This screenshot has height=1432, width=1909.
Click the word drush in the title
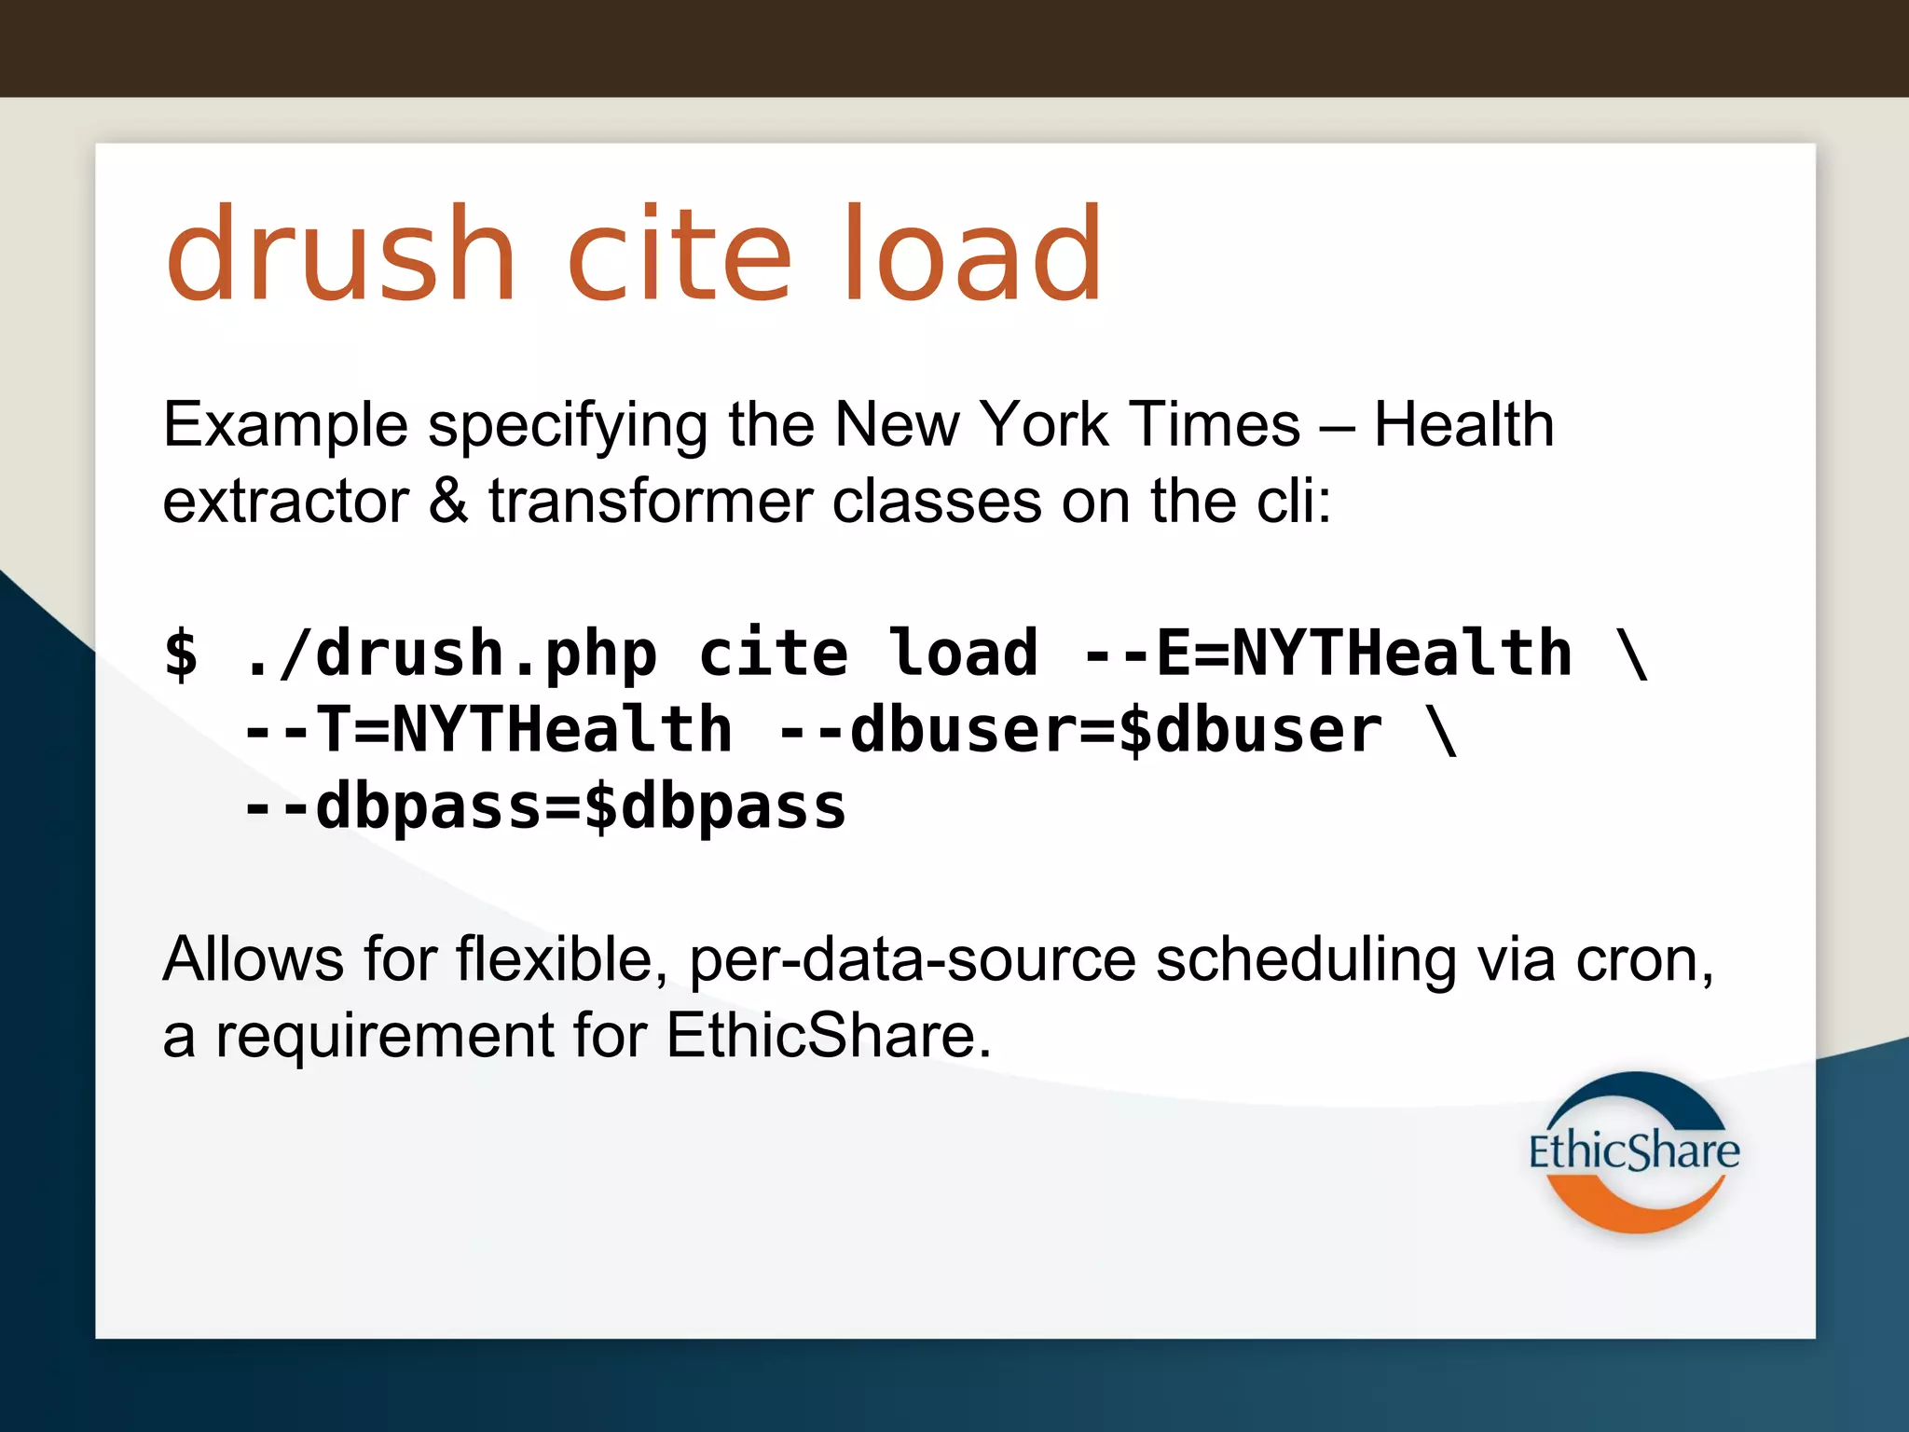tap(340, 255)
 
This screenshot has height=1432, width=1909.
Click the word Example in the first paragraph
tap(285, 426)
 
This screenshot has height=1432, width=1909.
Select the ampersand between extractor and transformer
tap(448, 502)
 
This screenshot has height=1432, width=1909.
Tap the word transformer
tap(651, 502)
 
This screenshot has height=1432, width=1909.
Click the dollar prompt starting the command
tap(181, 654)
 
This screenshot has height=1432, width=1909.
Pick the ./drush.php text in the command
tap(450, 654)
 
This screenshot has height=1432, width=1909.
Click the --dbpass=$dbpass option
tap(543, 807)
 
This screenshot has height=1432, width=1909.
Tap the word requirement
tap(385, 1037)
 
